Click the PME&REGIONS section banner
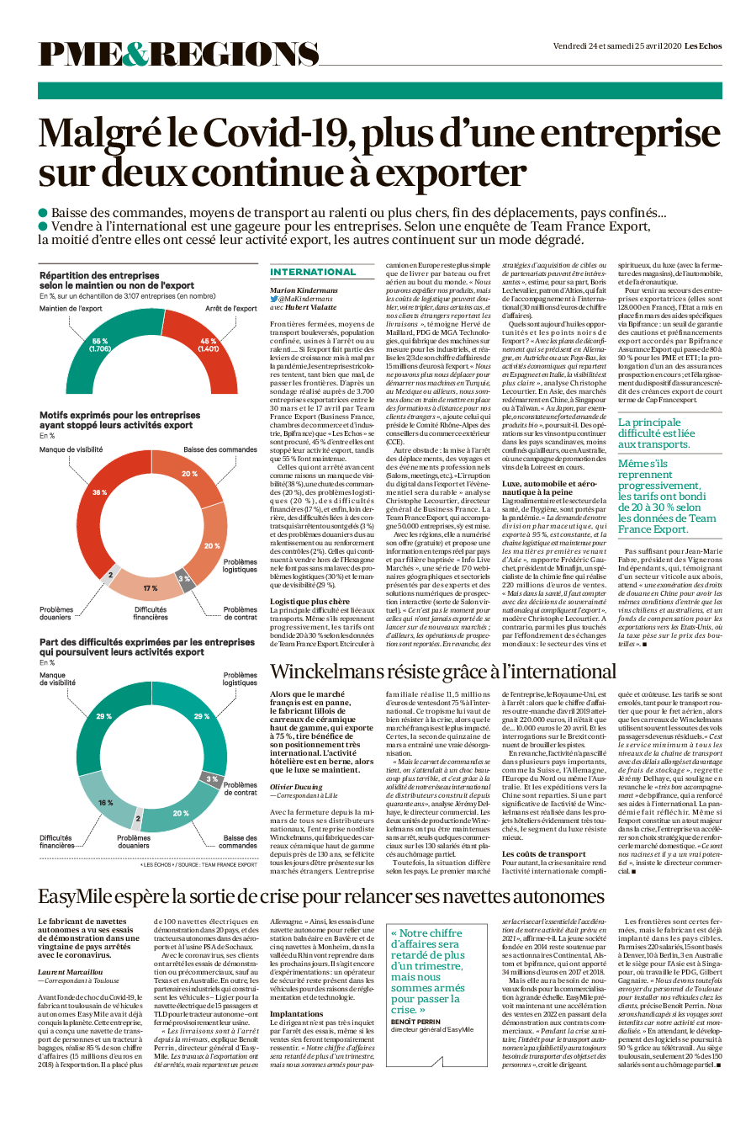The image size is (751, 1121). (x=178, y=55)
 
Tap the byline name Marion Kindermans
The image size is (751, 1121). (x=304, y=290)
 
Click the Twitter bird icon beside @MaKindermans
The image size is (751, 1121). (x=274, y=300)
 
